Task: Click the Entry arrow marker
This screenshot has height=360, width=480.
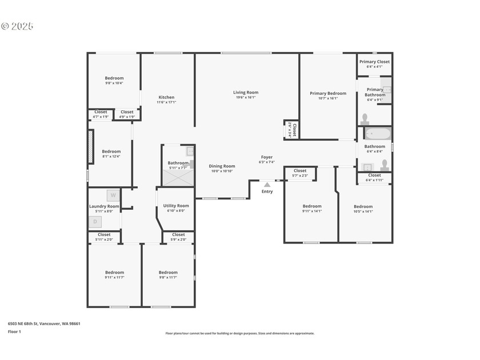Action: pos(267,185)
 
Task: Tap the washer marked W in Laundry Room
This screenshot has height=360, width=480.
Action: pos(113,195)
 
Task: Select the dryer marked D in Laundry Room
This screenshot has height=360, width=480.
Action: pos(95,222)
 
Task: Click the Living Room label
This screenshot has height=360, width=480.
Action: pos(246,92)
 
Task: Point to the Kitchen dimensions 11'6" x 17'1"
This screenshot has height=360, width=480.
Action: pos(166,102)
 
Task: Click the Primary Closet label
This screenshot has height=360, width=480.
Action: pos(375,62)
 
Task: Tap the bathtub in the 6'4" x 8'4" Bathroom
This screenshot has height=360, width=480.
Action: pos(378,134)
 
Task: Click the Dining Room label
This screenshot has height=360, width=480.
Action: pos(222,166)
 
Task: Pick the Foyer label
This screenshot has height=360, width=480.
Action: pos(267,157)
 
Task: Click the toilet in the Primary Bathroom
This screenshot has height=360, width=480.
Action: pos(365,119)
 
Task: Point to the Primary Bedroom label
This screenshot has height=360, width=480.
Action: pos(328,93)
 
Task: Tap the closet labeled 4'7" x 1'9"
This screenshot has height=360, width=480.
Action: pos(101,114)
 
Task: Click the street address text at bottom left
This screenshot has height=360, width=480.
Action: pos(44,323)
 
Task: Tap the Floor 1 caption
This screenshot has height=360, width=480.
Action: pos(14,331)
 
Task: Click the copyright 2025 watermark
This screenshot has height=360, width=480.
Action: pos(17,26)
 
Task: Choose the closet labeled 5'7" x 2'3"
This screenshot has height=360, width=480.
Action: pos(300,173)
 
